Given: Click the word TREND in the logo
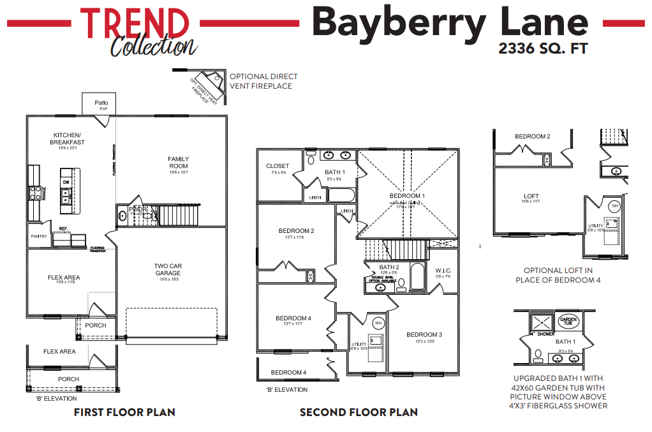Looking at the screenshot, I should click(135, 23).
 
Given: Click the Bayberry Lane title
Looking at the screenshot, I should click(450, 22).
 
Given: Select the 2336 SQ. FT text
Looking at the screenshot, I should click(542, 48).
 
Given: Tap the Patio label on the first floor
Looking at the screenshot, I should click(101, 103).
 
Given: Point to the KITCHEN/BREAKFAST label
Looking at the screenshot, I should click(67, 138).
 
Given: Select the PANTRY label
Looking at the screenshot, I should click(39, 236).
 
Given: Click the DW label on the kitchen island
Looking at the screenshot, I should click(66, 182).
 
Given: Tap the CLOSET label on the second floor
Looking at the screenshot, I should click(278, 166).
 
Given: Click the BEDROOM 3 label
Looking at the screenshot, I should click(424, 334).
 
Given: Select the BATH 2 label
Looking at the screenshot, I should click(389, 267).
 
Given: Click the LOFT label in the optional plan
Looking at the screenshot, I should click(531, 197).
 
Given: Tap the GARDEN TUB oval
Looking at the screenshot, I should click(567, 321).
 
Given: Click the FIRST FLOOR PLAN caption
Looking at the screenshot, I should click(124, 412).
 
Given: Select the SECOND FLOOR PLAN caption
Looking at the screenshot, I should click(359, 412).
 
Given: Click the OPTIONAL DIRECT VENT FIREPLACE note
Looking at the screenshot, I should click(263, 81).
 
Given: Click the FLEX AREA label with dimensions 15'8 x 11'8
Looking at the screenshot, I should click(64, 278).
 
